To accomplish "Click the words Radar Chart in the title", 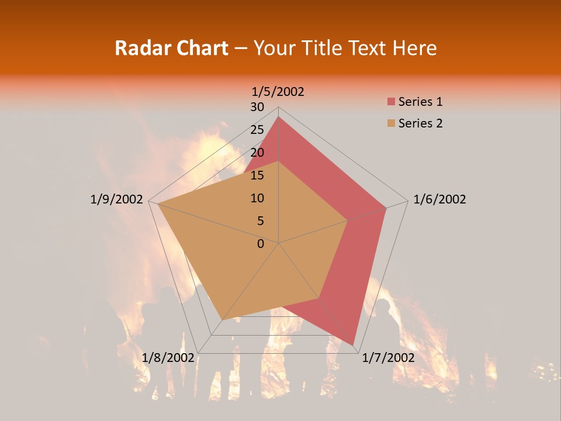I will (171, 48).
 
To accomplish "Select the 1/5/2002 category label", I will (278, 91).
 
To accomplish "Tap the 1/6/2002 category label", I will (439, 199).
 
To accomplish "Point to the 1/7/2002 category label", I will (389, 358).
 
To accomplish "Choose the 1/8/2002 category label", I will (168, 358).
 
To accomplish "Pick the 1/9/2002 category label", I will (117, 199).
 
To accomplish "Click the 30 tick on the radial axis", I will (257, 107).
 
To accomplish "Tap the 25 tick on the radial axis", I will (257, 130).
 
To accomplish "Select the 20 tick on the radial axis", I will (257, 153).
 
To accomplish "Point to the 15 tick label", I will (257, 175).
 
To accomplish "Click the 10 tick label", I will (257, 198).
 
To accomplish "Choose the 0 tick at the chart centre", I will (261, 244).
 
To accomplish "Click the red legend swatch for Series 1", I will (390, 102).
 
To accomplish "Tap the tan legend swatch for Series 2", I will (390, 123).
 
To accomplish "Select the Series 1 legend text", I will (420, 102).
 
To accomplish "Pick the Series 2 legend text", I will (420, 123).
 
